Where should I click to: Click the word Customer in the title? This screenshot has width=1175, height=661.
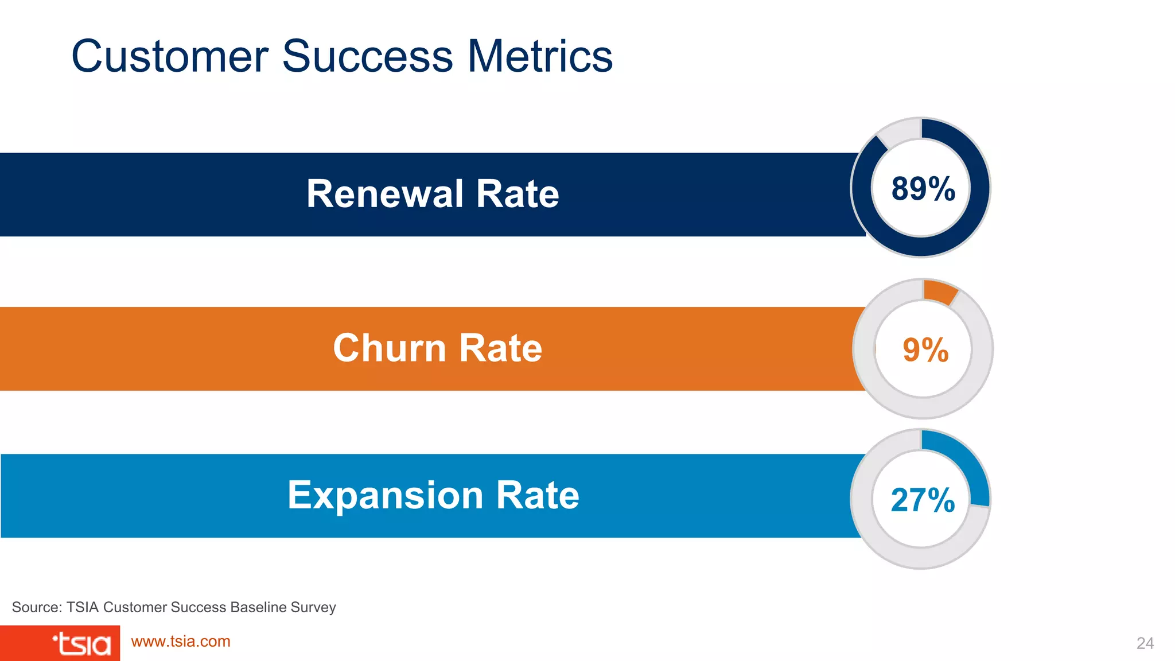(170, 56)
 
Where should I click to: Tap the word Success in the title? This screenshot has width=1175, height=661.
(367, 56)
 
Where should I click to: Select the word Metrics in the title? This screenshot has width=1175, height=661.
(540, 56)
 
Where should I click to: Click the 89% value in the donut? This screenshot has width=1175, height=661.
(923, 189)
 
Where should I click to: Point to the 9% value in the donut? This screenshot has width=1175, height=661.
(925, 349)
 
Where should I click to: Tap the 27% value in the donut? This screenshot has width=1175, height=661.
(923, 500)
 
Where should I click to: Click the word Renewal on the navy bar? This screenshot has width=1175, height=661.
(384, 194)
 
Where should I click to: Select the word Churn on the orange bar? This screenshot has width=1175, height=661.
(389, 348)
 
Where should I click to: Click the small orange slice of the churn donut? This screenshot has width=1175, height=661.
(940, 291)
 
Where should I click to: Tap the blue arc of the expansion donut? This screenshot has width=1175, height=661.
(964, 462)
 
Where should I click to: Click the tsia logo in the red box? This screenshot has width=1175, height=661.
(81, 644)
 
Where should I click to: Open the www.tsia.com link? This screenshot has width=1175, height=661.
(181, 641)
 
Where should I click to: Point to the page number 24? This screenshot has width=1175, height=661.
(1145, 643)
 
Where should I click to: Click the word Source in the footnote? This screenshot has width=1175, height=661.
(36, 607)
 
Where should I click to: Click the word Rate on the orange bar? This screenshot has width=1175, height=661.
(500, 348)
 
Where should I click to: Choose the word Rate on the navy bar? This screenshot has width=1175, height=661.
(517, 194)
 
